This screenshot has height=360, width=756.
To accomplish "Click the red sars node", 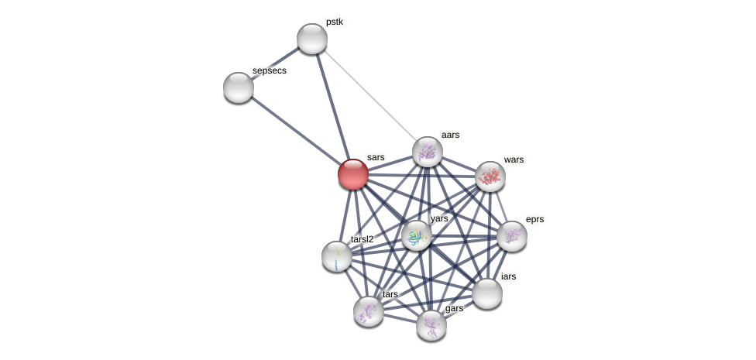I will coord(353,174).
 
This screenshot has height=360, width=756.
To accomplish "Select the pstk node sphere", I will coord(312,39).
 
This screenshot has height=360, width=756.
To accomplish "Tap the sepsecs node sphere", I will coord(239,87).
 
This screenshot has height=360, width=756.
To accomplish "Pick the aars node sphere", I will coord(428,152).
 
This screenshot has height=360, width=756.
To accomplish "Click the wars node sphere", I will coord(490,177).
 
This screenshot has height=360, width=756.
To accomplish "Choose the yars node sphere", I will coord(417,235).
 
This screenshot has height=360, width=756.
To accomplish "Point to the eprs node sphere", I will coord(512,236).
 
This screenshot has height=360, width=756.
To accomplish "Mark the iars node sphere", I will coord(487,293).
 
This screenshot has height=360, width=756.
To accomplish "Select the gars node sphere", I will coord(431,325).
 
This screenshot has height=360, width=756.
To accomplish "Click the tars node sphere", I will coord(369,311).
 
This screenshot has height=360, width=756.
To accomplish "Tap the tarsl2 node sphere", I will coord(337,256).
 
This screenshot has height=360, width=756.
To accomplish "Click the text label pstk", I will coord(335,22).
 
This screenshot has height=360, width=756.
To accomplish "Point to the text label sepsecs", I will coord(270,70).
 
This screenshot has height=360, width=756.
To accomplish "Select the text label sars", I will coord(376,157).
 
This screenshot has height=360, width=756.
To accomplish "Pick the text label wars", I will coord(514,159).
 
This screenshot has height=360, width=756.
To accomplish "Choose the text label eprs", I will coord(534,219).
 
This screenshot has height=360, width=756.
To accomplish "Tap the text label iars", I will coord(508,276).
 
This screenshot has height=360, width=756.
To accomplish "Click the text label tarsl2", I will coord(362,239).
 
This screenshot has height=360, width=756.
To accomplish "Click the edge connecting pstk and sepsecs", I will coord(275,63).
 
